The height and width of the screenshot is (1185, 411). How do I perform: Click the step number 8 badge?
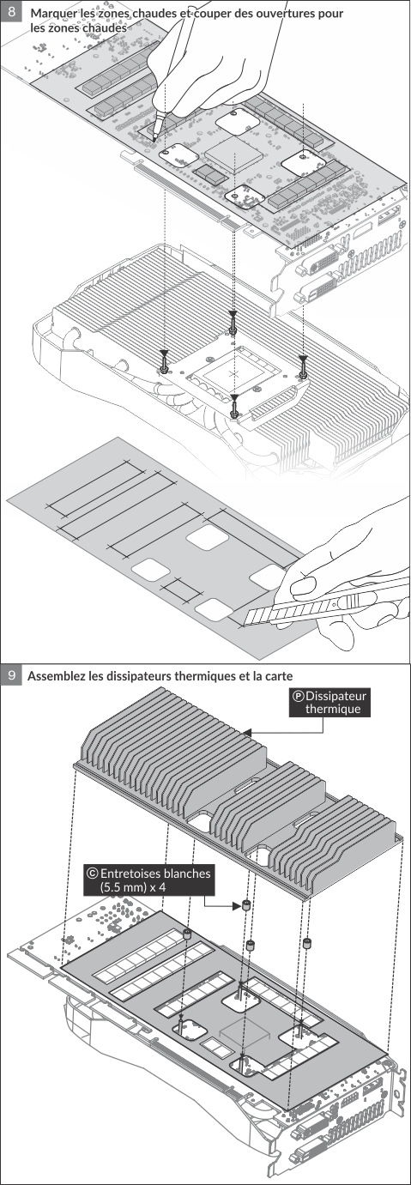(x=11, y=11)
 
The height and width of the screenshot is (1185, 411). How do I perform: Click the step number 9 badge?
(x=11, y=675)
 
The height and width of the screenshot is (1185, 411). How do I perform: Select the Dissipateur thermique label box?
(x=329, y=702)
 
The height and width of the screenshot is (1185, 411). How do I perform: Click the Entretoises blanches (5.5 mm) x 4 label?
(x=149, y=880)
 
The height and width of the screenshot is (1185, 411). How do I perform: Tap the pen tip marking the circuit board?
(x=154, y=136)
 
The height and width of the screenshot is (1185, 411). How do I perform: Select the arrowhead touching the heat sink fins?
(x=248, y=732)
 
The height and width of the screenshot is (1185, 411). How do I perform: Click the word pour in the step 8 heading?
(x=330, y=13)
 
